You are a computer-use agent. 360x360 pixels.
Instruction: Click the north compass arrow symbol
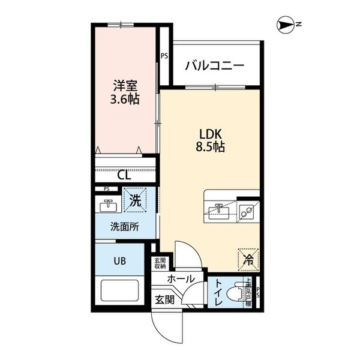tap(284, 25)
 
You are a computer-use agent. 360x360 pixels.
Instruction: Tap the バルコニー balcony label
tap(214, 65)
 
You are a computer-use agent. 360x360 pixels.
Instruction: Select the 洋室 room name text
tap(125, 85)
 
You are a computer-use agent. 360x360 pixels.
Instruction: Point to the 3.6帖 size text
tap(125, 99)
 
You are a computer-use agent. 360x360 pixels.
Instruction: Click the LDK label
tap(210, 133)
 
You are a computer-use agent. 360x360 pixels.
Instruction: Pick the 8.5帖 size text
tap(210, 147)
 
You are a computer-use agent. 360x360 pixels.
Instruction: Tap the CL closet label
tap(124, 175)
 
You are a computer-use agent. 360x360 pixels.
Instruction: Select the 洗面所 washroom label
tap(124, 227)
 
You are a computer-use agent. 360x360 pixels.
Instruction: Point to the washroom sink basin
tap(108, 206)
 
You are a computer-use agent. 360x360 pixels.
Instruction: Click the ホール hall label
tap(181, 279)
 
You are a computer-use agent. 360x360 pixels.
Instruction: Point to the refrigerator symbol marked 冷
tap(247, 259)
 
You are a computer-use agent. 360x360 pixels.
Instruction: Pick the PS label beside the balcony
tap(164, 58)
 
